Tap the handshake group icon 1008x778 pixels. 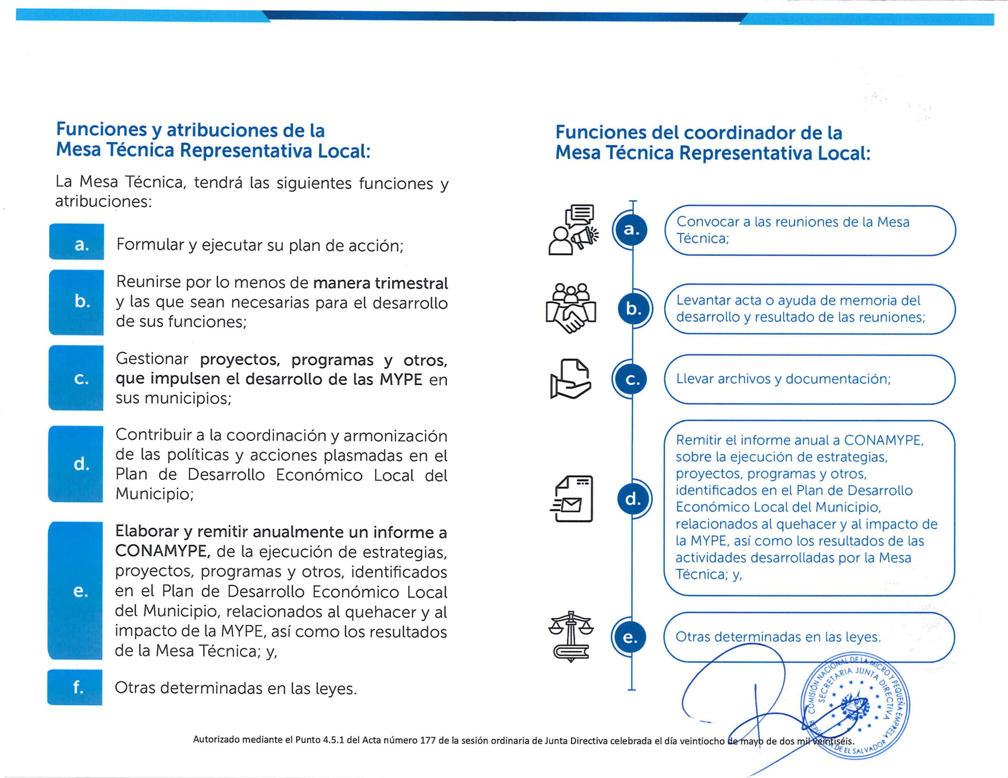pyautogui.click(x=571, y=308)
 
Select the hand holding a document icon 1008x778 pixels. pyautogui.click(x=571, y=379)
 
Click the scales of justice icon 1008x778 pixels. pyautogui.click(x=571, y=637)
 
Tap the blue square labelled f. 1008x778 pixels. pyautogui.click(x=75, y=688)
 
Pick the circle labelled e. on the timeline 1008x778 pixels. pyautogui.click(x=630, y=637)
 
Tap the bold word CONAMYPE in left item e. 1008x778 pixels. pyautogui.click(x=163, y=551)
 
